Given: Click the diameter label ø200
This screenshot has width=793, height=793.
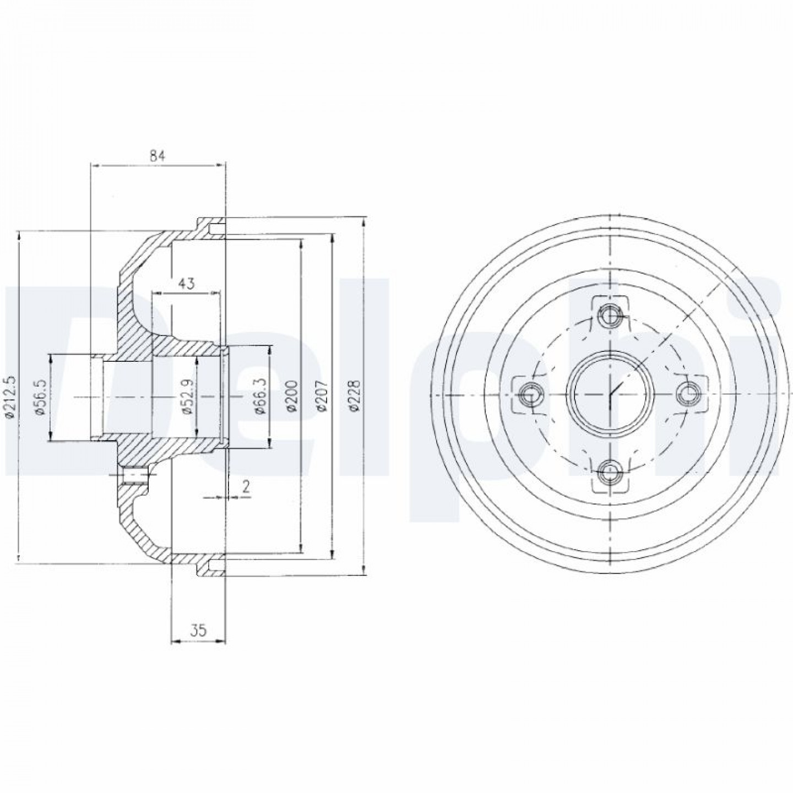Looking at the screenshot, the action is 291,395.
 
